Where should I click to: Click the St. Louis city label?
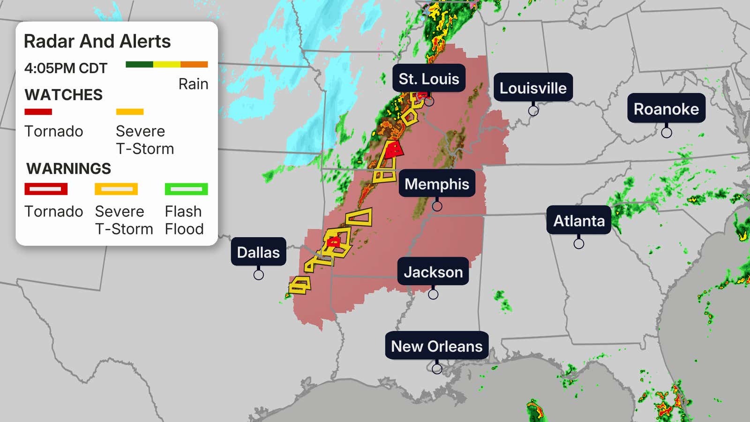point(428,78)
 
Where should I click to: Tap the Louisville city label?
point(533,88)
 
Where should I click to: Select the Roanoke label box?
point(666,109)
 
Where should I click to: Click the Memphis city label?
point(436,184)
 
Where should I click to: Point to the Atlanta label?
point(579,220)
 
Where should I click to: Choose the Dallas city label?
point(258,252)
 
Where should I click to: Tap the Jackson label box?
point(433,272)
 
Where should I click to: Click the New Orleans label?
point(436,346)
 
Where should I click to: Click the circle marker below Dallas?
point(258,275)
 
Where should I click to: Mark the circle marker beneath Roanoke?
point(667,133)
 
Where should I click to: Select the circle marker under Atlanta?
point(579,244)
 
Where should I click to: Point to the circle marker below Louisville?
point(533,111)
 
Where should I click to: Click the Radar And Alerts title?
point(97,41)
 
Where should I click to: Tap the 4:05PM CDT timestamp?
point(66,68)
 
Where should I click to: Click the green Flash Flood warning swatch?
point(186,189)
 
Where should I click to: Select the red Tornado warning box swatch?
point(46,189)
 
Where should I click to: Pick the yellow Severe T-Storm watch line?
point(130,112)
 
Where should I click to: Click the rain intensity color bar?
point(166,64)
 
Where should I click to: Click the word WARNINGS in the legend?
point(68,168)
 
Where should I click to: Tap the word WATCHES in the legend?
point(63,95)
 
